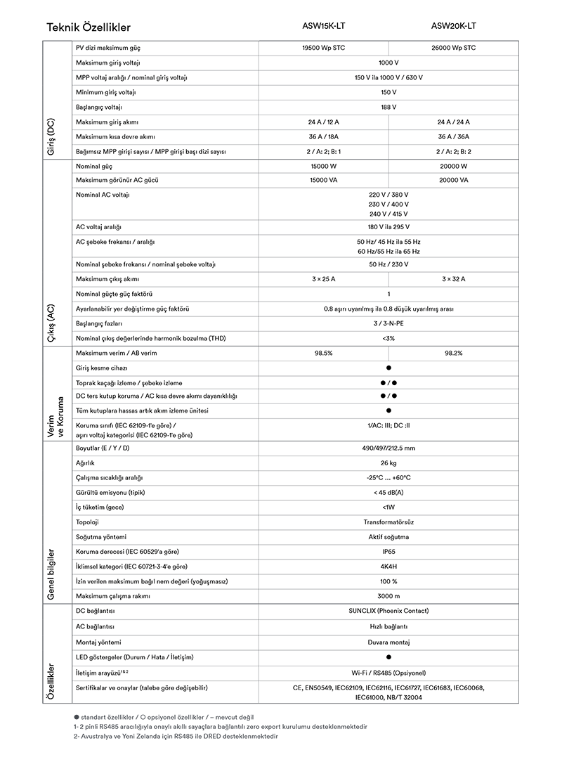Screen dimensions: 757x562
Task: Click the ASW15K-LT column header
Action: tap(324, 26)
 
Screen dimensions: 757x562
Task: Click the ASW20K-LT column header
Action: tap(453, 26)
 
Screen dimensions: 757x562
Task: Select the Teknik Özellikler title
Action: tap(89, 27)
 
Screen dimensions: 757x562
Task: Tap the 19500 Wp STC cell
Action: tap(324, 48)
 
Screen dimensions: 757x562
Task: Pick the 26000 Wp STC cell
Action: tap(453, 48)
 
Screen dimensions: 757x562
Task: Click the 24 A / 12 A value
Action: tap(324, 122)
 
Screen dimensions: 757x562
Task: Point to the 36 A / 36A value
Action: tap(453, 136)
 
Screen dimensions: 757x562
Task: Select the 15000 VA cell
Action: tap(324, 180)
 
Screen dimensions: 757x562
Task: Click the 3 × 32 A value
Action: tap(453, 279)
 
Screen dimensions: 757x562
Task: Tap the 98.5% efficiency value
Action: tap(324, 353)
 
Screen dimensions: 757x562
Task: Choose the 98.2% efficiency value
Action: tap(453, 353)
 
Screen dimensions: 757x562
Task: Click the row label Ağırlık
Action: tap(85, 462)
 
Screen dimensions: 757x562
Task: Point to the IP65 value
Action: tap(388, 551)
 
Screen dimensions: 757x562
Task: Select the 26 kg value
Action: tap(388, 462)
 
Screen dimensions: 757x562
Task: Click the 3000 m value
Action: tap(388, 596)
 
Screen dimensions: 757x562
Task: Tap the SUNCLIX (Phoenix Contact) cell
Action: tap(388, 611)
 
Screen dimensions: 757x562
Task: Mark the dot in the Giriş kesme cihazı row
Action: tap(388, 368)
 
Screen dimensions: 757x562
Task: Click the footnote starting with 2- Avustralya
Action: tap(176, 736)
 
